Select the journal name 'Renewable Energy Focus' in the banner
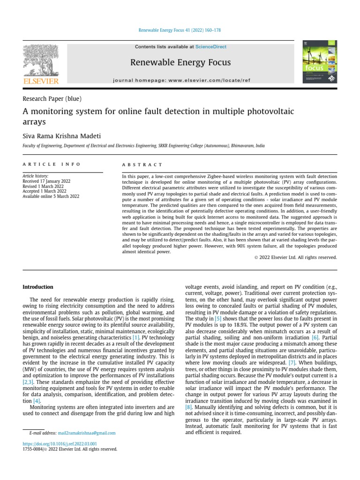point(180,62)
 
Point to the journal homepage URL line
point(182,81)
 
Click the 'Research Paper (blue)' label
point(52,98)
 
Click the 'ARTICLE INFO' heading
point(52,165)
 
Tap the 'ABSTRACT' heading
point(142,165)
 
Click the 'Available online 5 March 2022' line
point(51,196)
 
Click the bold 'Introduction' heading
point(38,287)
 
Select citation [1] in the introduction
point(136,337)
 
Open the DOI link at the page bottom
point(60,443)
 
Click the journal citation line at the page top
point(180,30)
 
